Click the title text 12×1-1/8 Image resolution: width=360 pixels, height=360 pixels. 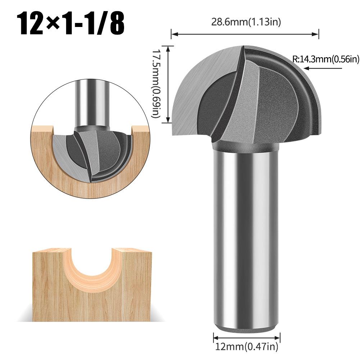click(x=68, y=23)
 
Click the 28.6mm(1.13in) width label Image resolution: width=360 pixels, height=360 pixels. click(x=245, y=22)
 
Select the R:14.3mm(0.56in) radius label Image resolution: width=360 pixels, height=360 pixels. click(x=326, y=59)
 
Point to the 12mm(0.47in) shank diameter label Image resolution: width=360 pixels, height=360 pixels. click(x=246, y=347)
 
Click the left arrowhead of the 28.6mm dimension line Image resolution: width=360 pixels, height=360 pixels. click(x=173, y=35)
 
